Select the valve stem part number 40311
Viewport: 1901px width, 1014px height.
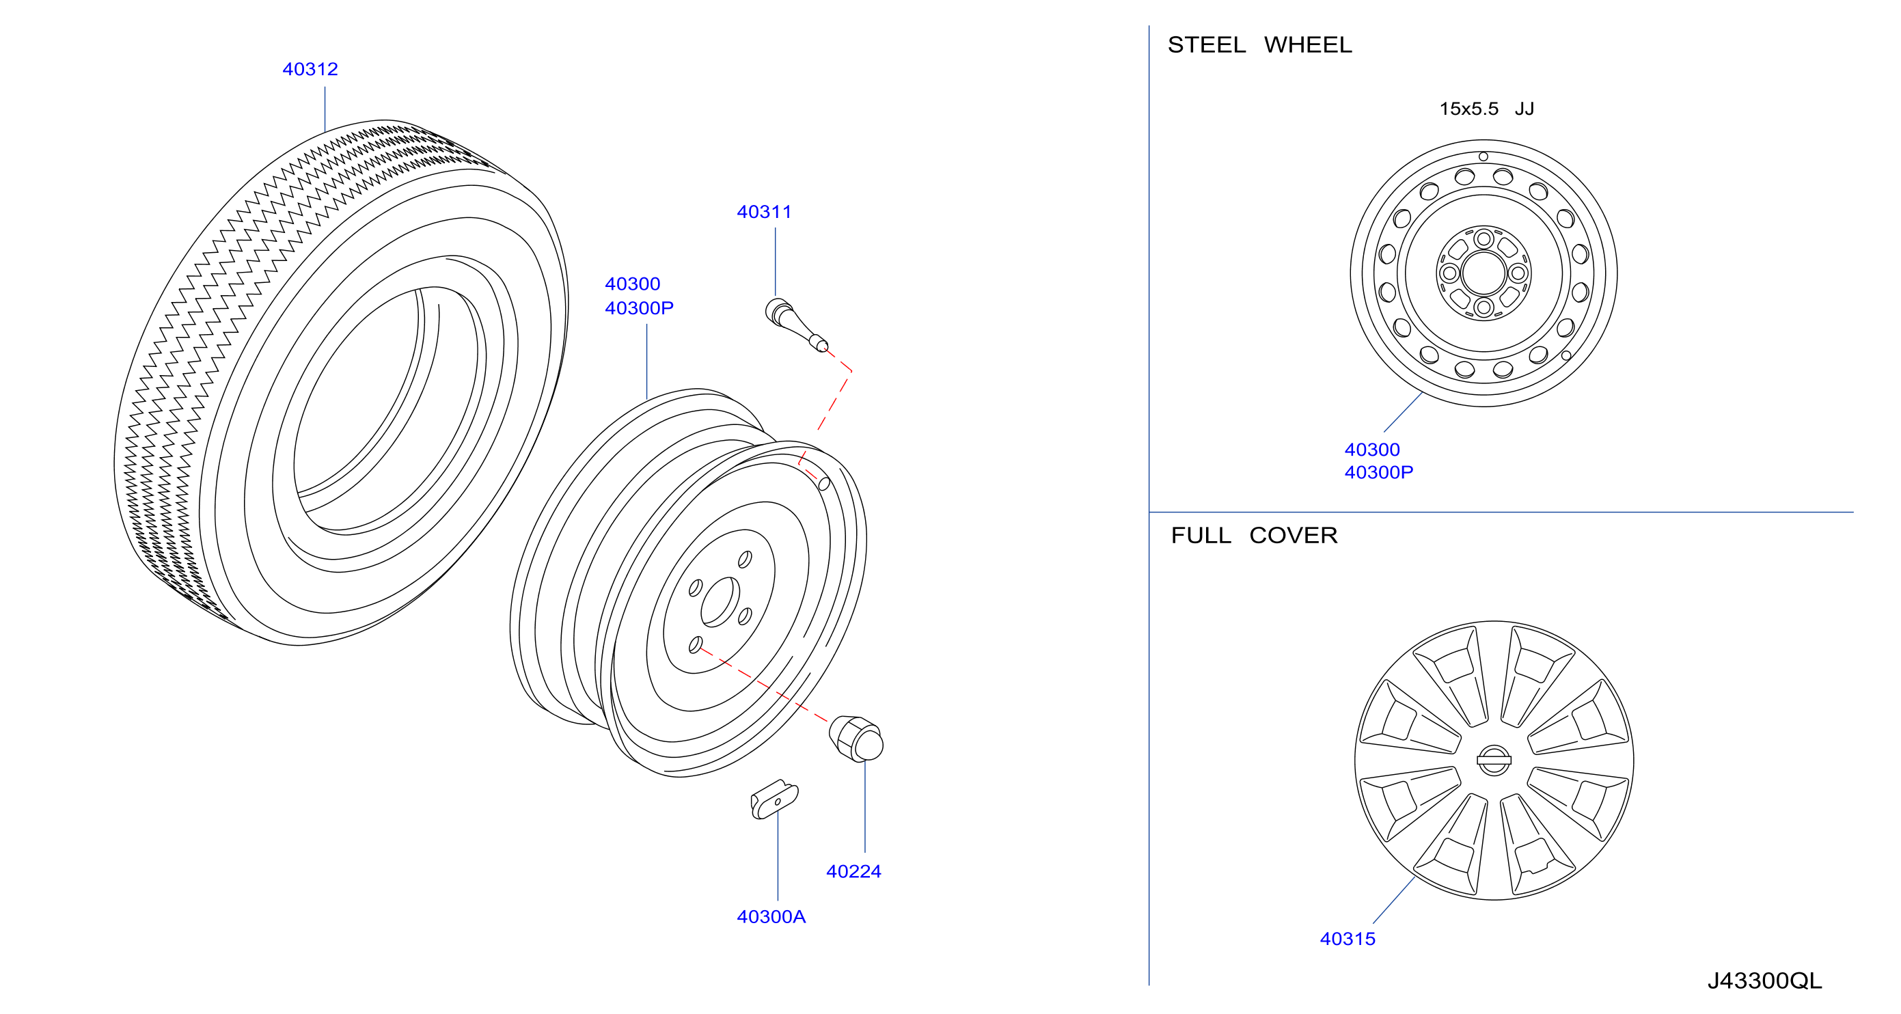click(764, 212)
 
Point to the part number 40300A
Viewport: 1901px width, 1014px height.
click(771, 916)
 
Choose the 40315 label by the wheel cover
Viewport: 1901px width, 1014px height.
click(1348, 939)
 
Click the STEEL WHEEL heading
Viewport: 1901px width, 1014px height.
click(1260, 45)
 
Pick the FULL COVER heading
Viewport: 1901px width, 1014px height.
click(1254, 535)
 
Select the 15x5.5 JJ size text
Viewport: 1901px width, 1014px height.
click(1486, 109)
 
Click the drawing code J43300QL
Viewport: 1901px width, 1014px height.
click(1764, 981)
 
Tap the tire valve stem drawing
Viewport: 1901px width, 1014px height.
click(795, 325)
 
